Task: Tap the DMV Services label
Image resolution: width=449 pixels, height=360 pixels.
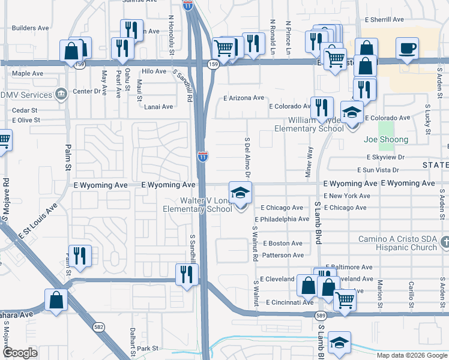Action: click(x=26, y=95)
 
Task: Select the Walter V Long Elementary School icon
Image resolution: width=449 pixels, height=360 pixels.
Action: click(x=241, y=193)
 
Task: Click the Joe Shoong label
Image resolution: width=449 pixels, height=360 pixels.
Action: click(x=386, y=140)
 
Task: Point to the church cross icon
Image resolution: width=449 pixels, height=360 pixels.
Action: click(x=444, y=242)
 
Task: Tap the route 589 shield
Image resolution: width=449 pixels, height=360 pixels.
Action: click(x=321, y=316)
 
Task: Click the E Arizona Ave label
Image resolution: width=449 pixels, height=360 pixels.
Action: click(x=243, y=98)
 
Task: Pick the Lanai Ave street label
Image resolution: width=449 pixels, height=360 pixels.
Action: click(x=158, y=107)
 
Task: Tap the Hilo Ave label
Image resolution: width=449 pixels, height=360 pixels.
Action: click(x=154, y=71)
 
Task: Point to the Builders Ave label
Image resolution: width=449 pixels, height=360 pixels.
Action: click(x=31, y=28)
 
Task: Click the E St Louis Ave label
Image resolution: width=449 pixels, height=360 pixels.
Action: click(x=38, y=221)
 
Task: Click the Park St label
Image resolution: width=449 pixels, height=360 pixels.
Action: click(x=147, y=348)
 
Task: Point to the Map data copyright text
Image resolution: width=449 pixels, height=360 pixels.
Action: click(x=411, y=355)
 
